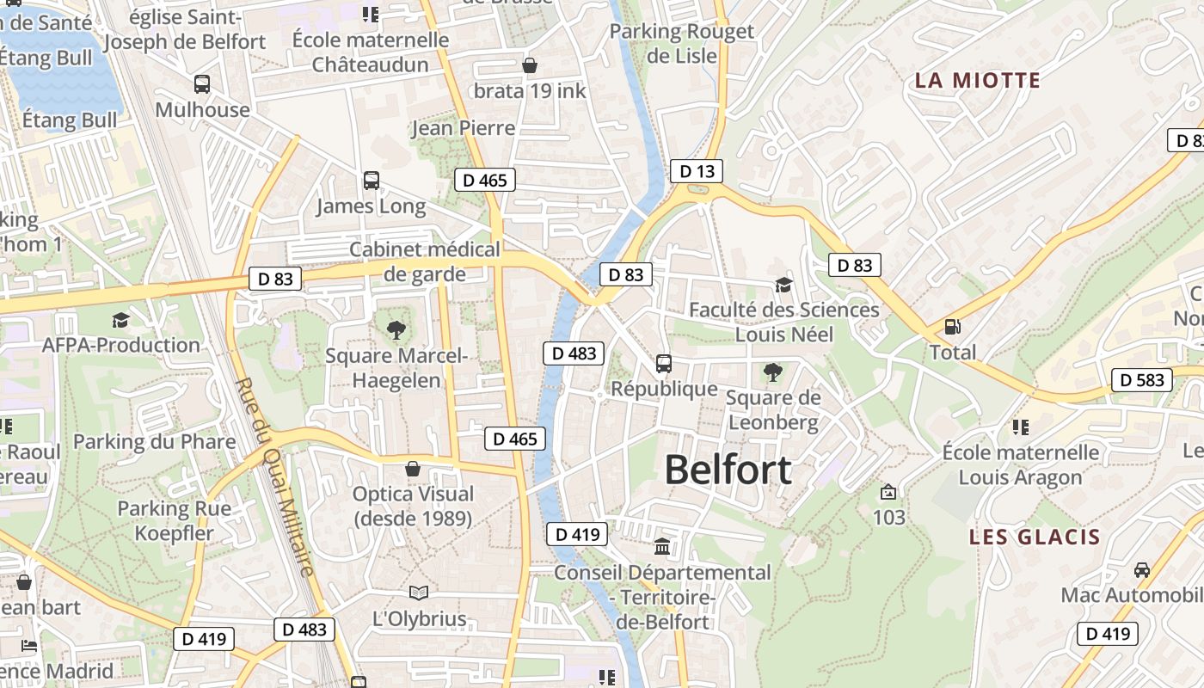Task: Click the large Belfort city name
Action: pos(728,470)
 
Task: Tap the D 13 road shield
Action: pos(697,171)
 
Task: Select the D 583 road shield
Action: pos(1142,379)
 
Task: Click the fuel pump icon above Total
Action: pos(953,327)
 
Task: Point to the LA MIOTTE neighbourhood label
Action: pos(977,81)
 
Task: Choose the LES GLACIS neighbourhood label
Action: pos(1035,537)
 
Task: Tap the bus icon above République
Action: pos(663,364)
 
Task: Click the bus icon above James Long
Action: pos(372,181)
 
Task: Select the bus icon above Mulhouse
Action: pos(202,84)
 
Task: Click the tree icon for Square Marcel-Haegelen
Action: pos(396,329)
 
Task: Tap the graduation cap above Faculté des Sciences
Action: pos(783,285)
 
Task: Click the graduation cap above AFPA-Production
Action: pos(120,320)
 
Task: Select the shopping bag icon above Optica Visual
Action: pos(413,469)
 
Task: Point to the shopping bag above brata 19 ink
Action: pos(531,65)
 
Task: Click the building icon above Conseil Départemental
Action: pos(662,546)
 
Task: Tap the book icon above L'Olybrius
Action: pos(419,593)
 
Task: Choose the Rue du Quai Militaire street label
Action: pos(275,477)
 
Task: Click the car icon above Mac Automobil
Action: pos(1141,569)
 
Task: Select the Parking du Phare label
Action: pos(154,442)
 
